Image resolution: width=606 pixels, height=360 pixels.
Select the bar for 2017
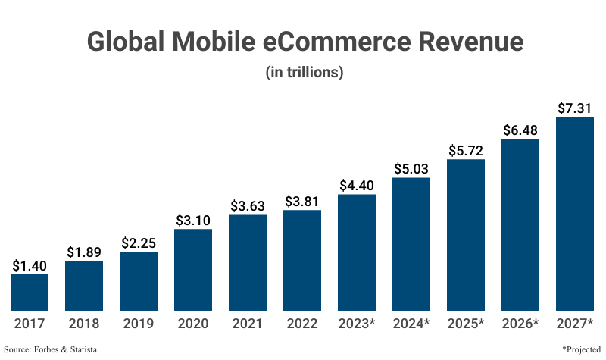(30, 293)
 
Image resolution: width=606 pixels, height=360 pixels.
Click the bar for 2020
(193, 270)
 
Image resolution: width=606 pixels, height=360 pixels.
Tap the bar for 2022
(302, 261)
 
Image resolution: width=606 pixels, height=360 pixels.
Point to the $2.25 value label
(139, 243)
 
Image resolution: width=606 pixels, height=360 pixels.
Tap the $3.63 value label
(248, 205)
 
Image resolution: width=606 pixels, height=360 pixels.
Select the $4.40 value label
(357, 185)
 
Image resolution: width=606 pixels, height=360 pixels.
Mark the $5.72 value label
(466, 150)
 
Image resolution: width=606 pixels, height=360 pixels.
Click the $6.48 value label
(520, 130)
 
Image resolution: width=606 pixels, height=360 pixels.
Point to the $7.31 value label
(575, 108)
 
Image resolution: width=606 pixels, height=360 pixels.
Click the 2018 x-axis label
(84, 324)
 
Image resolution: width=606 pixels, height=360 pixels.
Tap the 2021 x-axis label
(248, 324)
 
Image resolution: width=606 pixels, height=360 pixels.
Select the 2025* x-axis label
(466, 324)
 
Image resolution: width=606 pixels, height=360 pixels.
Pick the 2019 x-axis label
(139, 324)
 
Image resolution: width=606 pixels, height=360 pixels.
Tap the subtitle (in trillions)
(303, 73)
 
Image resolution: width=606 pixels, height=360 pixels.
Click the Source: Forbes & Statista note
(51, 349)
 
